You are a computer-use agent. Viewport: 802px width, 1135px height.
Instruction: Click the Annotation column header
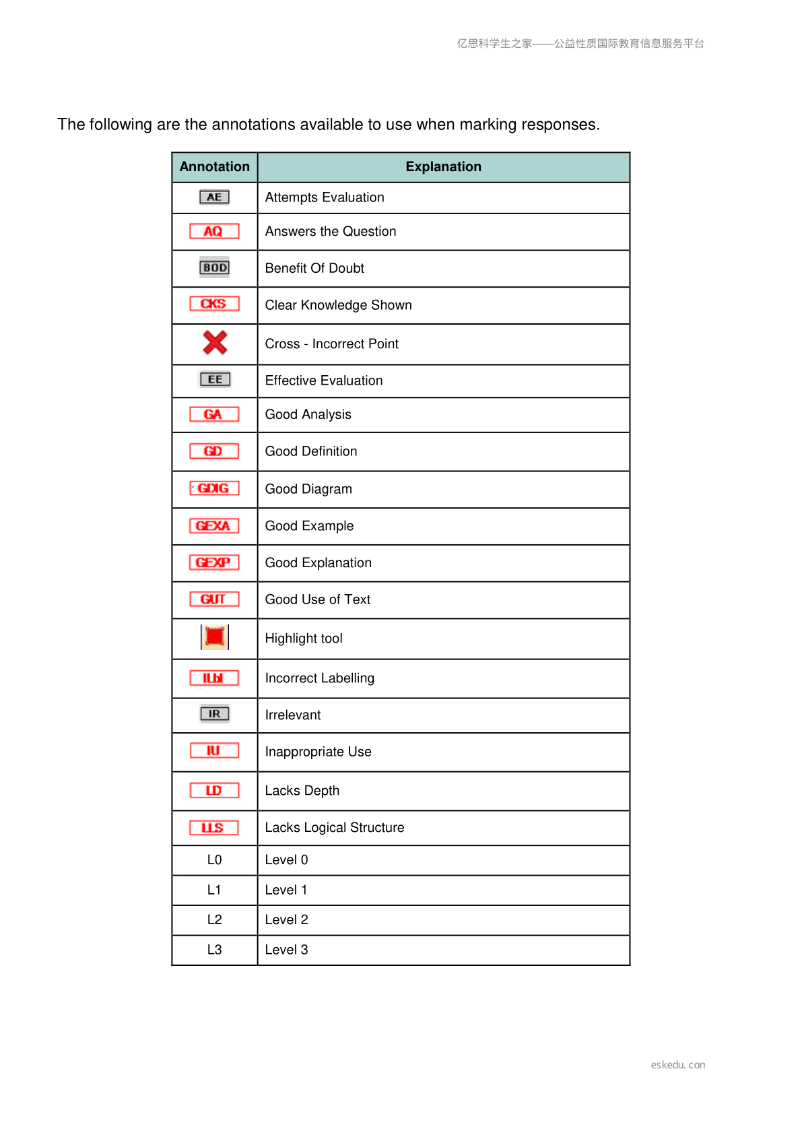coord(214,167)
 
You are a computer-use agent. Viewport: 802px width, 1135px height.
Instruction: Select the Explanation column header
coord(443,167)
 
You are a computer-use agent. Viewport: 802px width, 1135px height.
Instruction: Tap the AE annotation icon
coord(214,197)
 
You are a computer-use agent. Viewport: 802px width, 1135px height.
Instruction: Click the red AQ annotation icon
coord(214,232)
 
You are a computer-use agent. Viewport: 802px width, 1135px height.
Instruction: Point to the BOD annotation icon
coord(214,267)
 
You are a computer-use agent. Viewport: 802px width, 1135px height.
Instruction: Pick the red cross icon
coord(215,343)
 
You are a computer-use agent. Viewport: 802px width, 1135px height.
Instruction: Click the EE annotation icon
coord(215,380)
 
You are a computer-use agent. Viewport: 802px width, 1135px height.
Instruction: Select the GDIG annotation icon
coord(214,488)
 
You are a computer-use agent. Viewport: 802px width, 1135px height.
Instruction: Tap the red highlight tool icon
coord(215,637)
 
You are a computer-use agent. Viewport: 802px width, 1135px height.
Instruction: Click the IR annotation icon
coord(214,714)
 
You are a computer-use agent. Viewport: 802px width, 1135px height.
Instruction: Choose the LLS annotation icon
coord(214,828)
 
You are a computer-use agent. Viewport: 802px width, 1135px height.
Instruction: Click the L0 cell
coord(214,860)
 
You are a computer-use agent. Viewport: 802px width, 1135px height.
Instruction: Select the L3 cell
coord(214,950)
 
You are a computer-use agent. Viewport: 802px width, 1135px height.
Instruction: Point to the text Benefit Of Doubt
coord(314,269)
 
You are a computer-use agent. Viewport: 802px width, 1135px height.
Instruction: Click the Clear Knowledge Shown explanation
coord(338,305)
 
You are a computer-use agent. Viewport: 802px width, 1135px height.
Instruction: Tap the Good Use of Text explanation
coord(318,599)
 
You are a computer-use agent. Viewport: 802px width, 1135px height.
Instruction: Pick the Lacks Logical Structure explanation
coord(335,828)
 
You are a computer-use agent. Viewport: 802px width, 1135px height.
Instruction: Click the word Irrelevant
coord(293,715)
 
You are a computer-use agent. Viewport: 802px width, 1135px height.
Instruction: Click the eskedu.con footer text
coord(677,1065)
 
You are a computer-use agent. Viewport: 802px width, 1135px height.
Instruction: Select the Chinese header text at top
coord(580,44)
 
